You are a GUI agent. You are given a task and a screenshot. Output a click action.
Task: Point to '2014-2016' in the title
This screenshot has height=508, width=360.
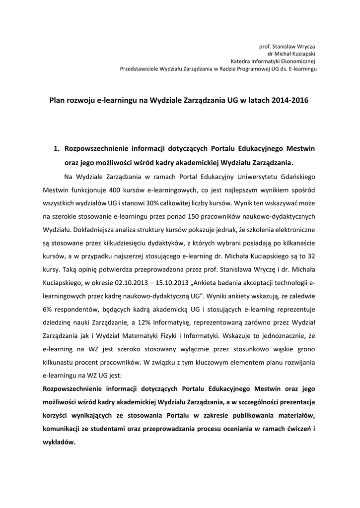point(290,100)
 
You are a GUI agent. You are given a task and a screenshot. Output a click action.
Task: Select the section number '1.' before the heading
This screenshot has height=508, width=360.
point(57,148)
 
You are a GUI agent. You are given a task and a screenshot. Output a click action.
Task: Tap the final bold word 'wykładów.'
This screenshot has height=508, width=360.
point(59,443)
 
